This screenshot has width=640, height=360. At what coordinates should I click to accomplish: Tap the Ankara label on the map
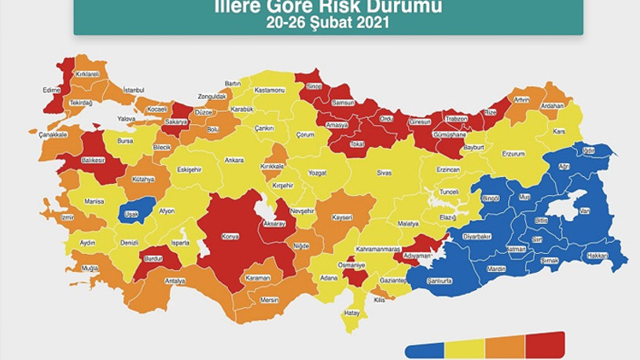pyautogui.click(x=234, y=160)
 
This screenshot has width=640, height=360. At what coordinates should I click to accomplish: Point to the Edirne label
pyautogui.click(x=52, y=90)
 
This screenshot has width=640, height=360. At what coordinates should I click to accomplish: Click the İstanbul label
pyautogui.click(x=134, y=90)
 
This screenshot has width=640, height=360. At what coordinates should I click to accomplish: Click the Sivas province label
pyautogui.click(x=384, y=171)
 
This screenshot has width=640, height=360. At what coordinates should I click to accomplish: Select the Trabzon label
pyautogui.click(x=456, y=119)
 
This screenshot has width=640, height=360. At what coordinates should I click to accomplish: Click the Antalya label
pyautogui.click(x=175, y=281)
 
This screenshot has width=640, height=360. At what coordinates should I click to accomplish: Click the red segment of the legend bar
pyautogui.click(x=545, y=344)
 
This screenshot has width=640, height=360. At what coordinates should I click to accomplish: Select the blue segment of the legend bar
pyautogui.click(x=425, y=349)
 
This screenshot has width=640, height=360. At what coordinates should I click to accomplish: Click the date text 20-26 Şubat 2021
pyautogui.click(x=328, y=23)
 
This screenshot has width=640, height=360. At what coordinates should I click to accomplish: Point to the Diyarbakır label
pyautogui.click(x=477, y=236)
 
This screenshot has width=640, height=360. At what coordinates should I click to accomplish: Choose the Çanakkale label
pyautogui.click(x=53, y=134)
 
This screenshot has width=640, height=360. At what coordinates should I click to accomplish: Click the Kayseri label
pyautogui.click(x=342, y=217)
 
